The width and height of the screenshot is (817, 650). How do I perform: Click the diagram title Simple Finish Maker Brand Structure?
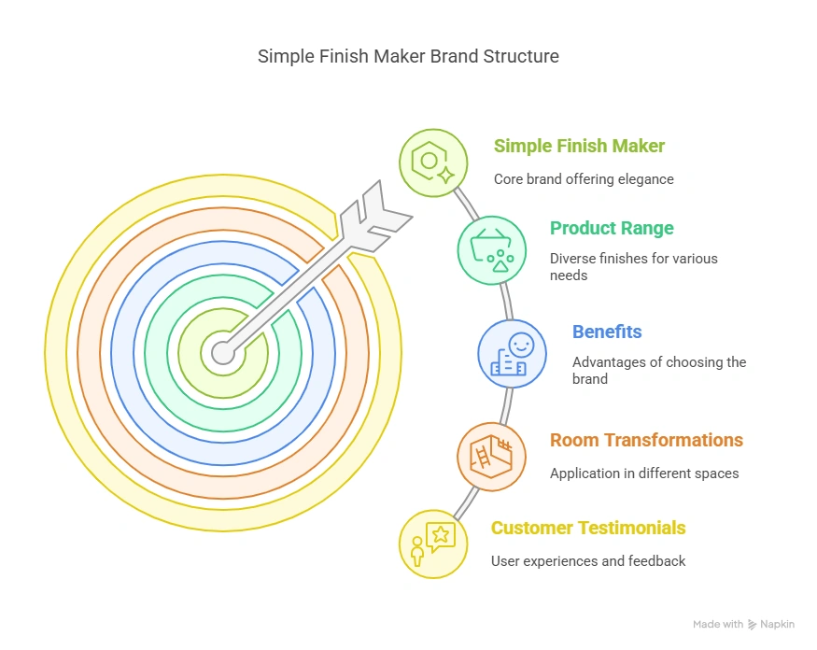(x=408, y=56)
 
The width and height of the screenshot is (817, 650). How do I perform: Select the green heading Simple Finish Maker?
(x=579, y=146)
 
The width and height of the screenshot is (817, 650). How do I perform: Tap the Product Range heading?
(x=611, y=228)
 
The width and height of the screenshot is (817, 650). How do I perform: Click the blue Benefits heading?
(x=606, y=332)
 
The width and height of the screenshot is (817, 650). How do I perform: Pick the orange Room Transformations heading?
(x=646, y=440)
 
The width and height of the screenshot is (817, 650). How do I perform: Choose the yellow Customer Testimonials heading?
(x=588, y=528)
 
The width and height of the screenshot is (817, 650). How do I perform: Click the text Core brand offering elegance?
(x=584, y=179)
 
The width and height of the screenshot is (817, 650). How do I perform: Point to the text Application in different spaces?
(x=644, y=473)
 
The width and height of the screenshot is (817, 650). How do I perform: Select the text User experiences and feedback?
(x=588, y=561)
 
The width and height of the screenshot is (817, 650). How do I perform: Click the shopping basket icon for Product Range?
(x=491, y=248)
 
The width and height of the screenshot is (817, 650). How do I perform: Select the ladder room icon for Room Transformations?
(x=491, y=457)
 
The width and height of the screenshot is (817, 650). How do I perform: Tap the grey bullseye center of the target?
(x=222, y=352)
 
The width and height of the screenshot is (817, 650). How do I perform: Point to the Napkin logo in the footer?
(x=775, y=624)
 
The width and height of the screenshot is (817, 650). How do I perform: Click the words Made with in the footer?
(x=718, y=624)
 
